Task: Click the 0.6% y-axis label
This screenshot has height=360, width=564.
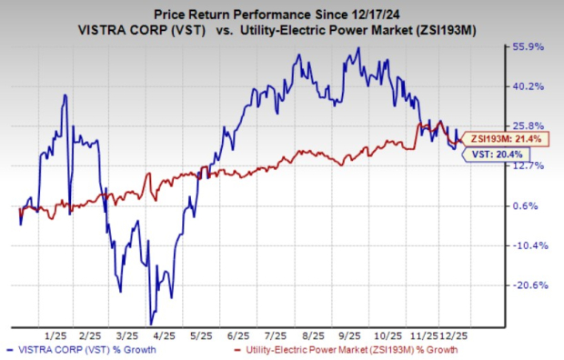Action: click(x=530, y=205)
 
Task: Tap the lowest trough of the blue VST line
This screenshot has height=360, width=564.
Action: click(x=152, y=324)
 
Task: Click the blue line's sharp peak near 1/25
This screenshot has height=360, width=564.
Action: click(x=64, y=95)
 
